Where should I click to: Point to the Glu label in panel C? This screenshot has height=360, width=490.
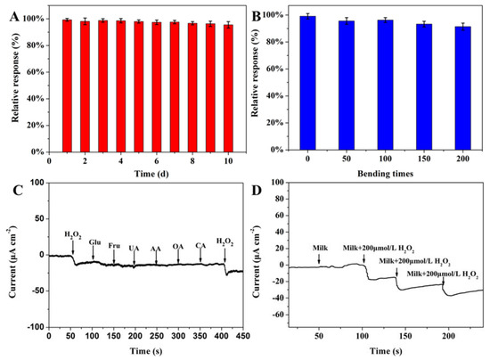94,241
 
